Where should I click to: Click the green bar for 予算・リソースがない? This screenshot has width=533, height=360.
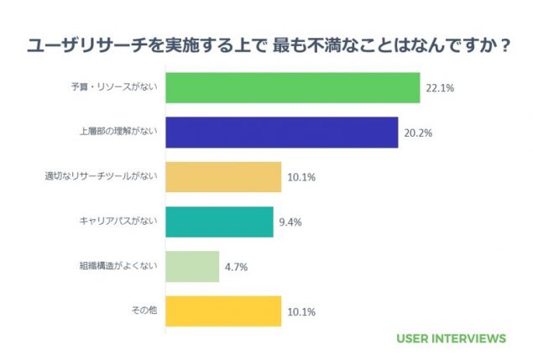coord(292,88)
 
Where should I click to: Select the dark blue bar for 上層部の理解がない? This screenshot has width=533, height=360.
coord(281,133)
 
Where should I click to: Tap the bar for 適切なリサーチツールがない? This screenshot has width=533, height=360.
coord(223,177)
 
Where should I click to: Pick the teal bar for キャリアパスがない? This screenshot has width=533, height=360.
coord(219,222)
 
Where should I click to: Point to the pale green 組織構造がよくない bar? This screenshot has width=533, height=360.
coord(192,267)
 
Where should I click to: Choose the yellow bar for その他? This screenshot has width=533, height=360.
coord(223,311)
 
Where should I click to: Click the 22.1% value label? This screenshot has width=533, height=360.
coord(441,88)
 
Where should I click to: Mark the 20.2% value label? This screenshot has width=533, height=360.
coord(418,133)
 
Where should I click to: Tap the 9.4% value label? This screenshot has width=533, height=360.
coord(290,222)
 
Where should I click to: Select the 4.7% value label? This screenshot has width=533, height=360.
coord(237,267)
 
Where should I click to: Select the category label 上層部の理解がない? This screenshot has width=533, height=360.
coord(119,133)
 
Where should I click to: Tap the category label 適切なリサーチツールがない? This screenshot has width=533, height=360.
coord(102,177)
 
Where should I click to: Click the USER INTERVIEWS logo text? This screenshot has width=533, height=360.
coord(451,339)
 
